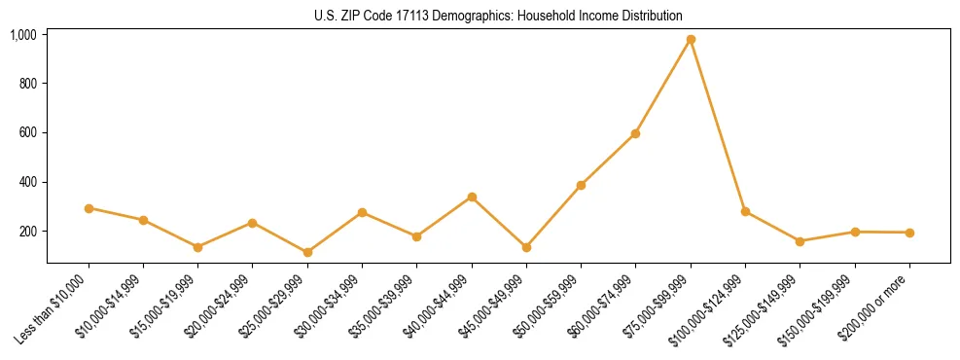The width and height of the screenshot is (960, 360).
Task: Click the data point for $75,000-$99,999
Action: pyautogui.click(x=691, y=40)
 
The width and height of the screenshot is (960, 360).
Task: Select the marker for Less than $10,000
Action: pyautogui.click(x=89, y=208)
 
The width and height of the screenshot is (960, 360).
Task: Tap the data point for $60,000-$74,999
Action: pyautogui.click(x=635, y=133)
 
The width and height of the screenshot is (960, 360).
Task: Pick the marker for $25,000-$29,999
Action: pyautogui.click(x=307, y=253)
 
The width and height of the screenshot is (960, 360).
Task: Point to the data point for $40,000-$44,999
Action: pyautogui.click(x=472, y=197)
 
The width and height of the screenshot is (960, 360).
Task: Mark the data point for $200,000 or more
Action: pyautogui.click(x=909, y=233)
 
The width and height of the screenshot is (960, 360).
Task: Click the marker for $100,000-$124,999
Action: pyautogui.click(x=745, y=211)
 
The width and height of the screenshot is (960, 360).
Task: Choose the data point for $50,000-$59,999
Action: pyautogui.click(x=581, y=185)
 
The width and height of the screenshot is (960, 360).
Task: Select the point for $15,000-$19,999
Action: pyautogui.click(x=198, y=247)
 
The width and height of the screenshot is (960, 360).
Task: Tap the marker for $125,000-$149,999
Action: pyautogui.click(x=800, y=241)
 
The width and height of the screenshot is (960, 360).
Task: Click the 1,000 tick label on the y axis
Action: pyautogui.click(x=23, y=35)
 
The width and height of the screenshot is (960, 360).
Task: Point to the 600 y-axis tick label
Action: pyautogui.click(x=28, y=133)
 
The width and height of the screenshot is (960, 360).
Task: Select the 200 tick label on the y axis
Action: pyautogui.click(x=28, y=232)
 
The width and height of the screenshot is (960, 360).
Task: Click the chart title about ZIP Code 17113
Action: pyautogui.click(x=498, y=17)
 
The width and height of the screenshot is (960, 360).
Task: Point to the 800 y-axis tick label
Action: pyautogui.click(x=28, y=84)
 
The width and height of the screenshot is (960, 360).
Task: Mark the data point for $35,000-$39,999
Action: pyautogui.click(x=416, y=236)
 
